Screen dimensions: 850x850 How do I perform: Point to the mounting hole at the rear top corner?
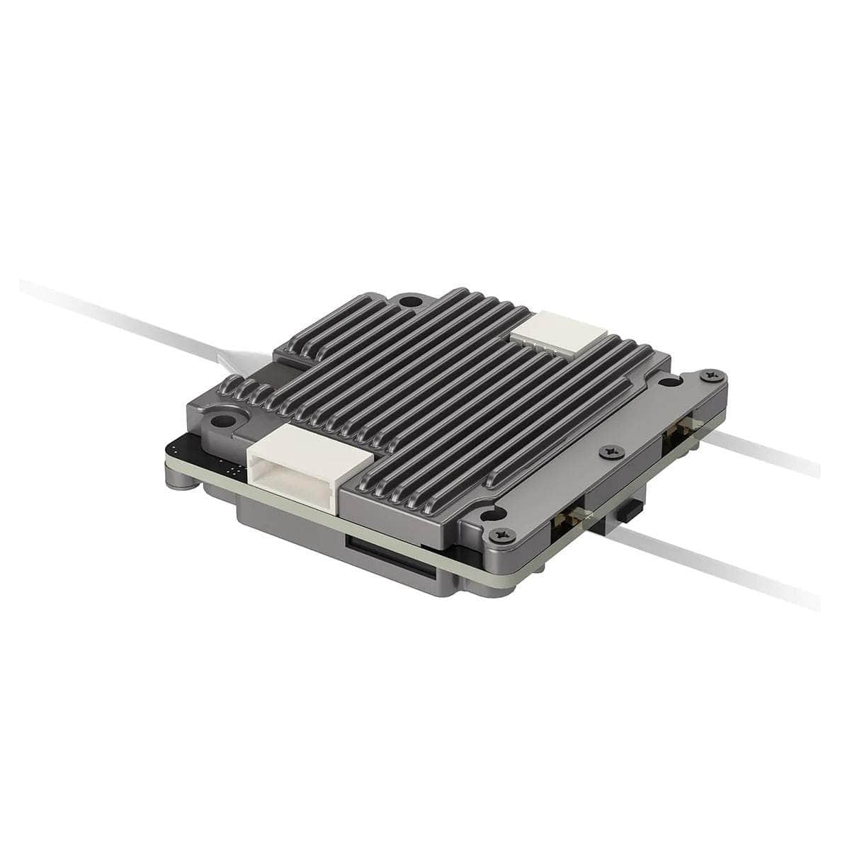[x=407, y=302]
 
